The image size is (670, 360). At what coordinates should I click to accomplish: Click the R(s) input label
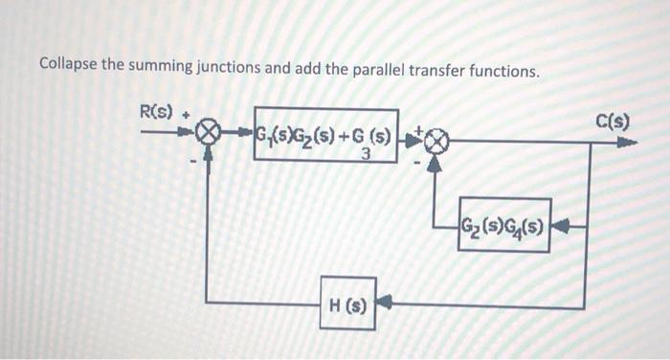(156, 112)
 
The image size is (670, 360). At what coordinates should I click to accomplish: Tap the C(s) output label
(612, 122)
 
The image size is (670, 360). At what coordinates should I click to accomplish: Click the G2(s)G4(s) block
(504, 225)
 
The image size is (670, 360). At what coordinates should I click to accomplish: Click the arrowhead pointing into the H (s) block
(384, 306)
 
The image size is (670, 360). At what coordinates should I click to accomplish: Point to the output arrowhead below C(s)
(627, 143)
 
